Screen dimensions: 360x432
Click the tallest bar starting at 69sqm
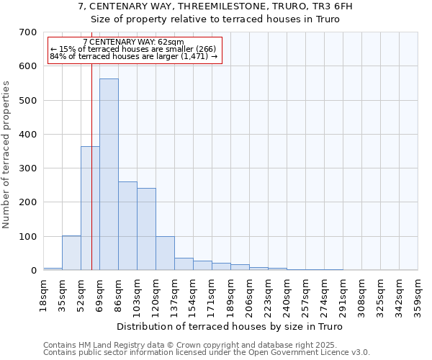109,174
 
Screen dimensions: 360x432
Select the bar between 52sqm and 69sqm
90,208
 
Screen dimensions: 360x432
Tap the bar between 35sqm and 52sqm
71,253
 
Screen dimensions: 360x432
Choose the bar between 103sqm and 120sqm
146,229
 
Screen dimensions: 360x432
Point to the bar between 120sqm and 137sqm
165,253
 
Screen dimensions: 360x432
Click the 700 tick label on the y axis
28,32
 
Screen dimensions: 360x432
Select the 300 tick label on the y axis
28,168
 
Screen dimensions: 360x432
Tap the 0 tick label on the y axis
34,271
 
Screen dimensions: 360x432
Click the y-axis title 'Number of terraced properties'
6,155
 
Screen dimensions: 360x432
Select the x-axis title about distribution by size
230,327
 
